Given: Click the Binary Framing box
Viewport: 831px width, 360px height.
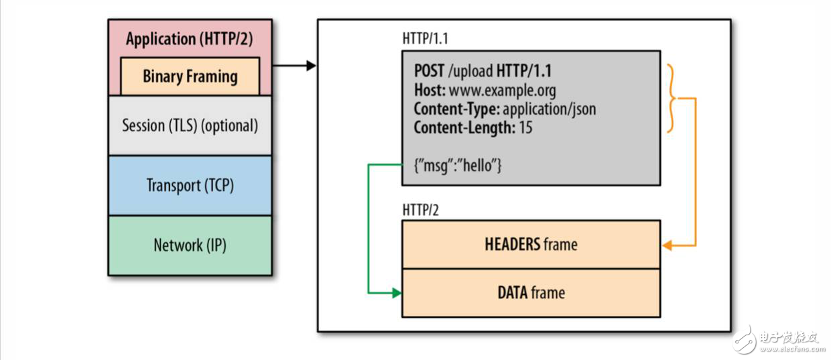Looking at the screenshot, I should tap(190, 76).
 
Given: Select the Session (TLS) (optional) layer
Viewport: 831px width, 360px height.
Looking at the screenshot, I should tap(190, 125).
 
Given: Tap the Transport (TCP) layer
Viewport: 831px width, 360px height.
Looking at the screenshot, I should tap(190, 185).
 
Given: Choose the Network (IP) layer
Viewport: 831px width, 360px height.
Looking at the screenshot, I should tap(190, 245).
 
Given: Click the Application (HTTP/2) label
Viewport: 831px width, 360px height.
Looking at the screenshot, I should tap(190, 39).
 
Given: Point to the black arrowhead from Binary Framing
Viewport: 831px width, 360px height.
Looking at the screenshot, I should tap(311, 65).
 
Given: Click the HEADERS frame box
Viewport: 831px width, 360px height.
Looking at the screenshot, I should tap(531, 244).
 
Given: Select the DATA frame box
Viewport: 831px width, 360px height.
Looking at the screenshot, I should tap(531, 293).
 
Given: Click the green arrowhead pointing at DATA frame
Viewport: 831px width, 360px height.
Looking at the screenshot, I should tap(397, 293).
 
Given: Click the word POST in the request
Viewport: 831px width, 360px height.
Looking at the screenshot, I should tap(429, 71).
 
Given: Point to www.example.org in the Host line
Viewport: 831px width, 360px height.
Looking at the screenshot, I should tap(502, 90).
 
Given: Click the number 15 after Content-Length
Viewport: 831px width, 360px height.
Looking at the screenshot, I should tap(525, 127).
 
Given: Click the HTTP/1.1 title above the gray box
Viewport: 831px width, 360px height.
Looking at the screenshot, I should tap(425, 38).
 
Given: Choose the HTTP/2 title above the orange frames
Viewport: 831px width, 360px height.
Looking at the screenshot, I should tap(420, 210).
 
